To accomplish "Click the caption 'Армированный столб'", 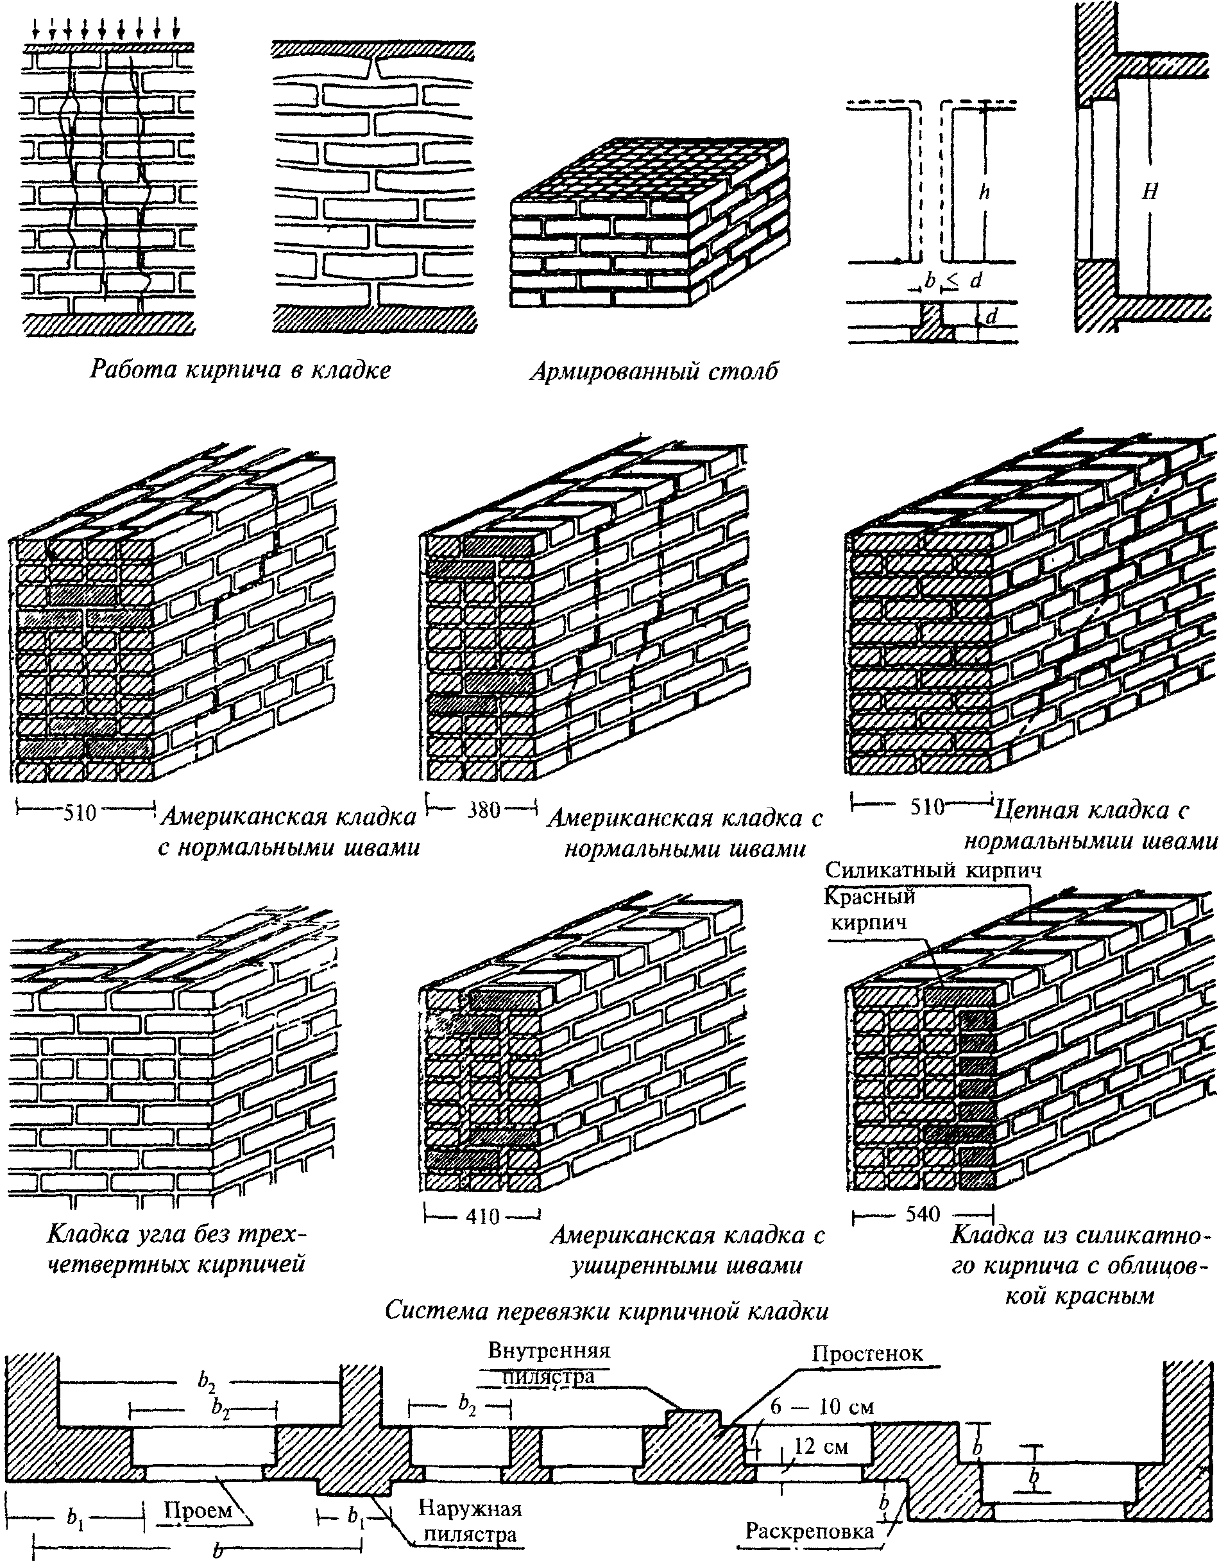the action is point(654,372).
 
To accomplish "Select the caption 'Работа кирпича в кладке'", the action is point(240,370).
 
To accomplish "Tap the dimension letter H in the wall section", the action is point(1149,191).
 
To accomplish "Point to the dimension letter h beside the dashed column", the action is point(985,191).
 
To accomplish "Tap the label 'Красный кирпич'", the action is point(869,908).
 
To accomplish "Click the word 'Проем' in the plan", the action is point(198,1485).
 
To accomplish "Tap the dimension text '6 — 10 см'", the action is point(822,1427).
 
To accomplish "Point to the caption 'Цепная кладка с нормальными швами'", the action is point(1091,825).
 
